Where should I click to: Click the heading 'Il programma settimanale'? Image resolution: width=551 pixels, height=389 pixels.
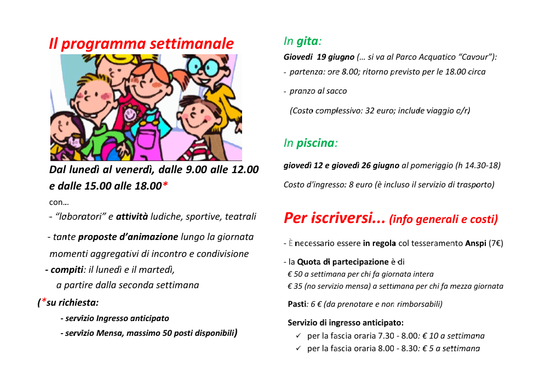coord(141,44)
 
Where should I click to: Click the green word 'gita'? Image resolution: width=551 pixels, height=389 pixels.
coord(307,41)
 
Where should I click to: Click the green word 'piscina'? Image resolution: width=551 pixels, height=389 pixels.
coord(315,144)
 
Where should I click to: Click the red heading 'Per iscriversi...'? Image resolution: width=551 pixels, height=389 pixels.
coord(334,218)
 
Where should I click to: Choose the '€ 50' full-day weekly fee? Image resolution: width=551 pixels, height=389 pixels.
coord(295,274)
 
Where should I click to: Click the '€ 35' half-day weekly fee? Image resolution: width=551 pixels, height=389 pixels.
coord(295,286)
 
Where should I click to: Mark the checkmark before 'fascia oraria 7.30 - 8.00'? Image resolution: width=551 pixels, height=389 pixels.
coord(298,335)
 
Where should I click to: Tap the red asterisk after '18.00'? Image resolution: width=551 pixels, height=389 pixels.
coord(165,186)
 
